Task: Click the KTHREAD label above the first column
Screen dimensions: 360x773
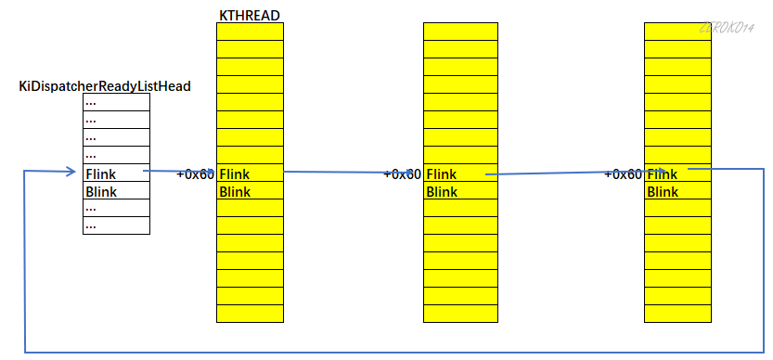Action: tap(249, 15)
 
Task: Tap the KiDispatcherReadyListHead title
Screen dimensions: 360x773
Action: tap(105, 86)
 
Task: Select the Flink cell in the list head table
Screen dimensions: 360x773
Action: tap(116, 174)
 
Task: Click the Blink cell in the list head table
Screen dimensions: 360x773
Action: tap(116, 191)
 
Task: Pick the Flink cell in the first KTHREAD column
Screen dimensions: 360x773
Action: tap(250, 174)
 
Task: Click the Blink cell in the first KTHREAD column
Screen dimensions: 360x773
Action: tap(250, 192)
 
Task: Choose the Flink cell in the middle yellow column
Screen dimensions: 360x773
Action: tap(459, 174)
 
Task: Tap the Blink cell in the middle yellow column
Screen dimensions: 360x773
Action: tap(459, 192)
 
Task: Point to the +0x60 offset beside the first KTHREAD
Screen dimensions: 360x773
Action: tap(195, 174)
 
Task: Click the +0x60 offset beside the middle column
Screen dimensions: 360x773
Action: tap(403, 174)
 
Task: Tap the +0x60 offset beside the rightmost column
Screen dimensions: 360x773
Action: tap(623, 174)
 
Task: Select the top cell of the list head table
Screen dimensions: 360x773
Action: tap(116, 102)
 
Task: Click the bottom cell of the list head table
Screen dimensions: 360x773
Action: tap(116, 225)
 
